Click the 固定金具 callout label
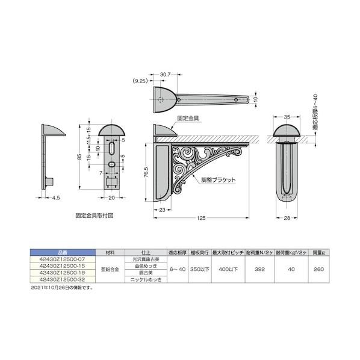click(x=188, y=120)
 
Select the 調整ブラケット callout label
click(x=219, y=180)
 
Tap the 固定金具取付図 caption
click(x=95, y=214)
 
